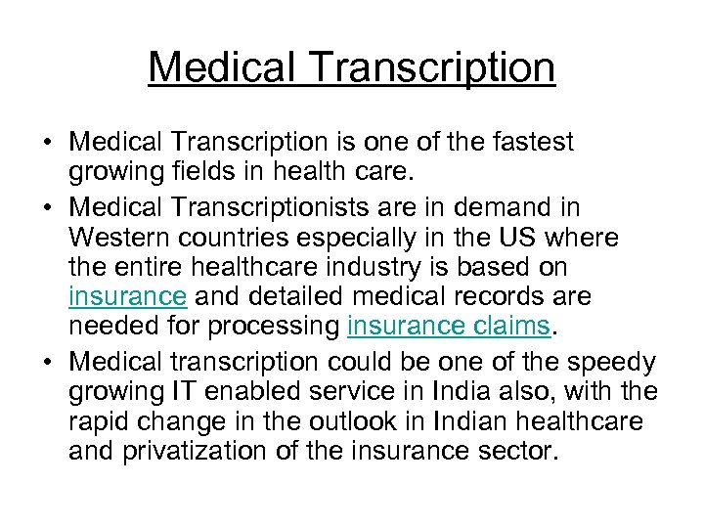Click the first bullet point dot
[47, 143]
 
